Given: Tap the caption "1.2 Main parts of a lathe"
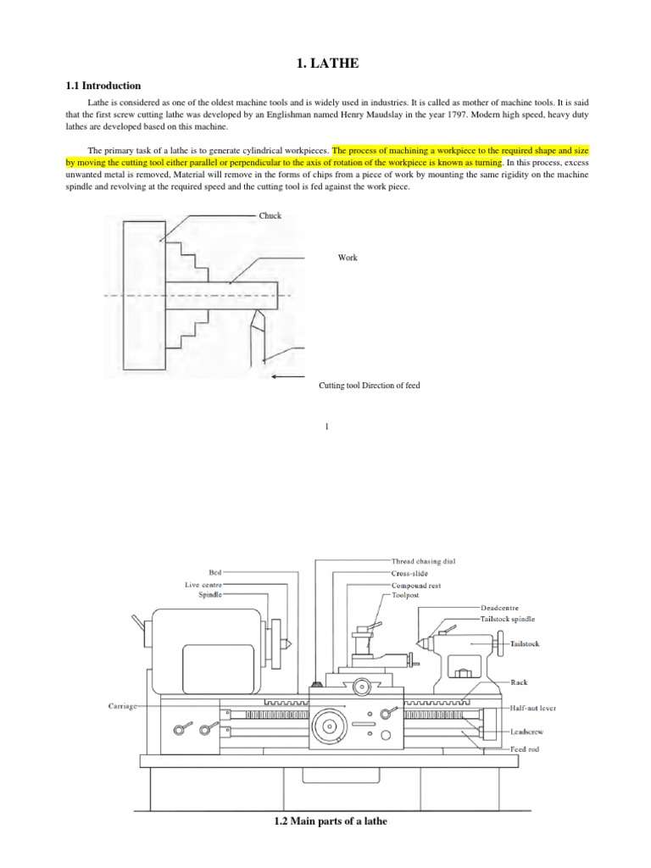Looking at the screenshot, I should tap(325, 821).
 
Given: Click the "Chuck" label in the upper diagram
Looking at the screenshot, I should tap(271, 216).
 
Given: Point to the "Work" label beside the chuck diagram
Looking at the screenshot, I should tap(348, 258).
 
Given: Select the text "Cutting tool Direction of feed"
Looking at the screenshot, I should tap(369, 386).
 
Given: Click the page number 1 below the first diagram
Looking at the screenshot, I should tap(326, 426).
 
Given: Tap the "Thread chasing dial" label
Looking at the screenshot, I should tap(429, 561).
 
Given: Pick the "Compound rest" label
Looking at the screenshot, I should tap(415, 585).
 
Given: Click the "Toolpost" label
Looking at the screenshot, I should tap(405, 596).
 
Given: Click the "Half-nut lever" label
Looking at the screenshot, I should tap(533, 708).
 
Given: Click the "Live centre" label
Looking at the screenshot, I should tap(204, 584).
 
